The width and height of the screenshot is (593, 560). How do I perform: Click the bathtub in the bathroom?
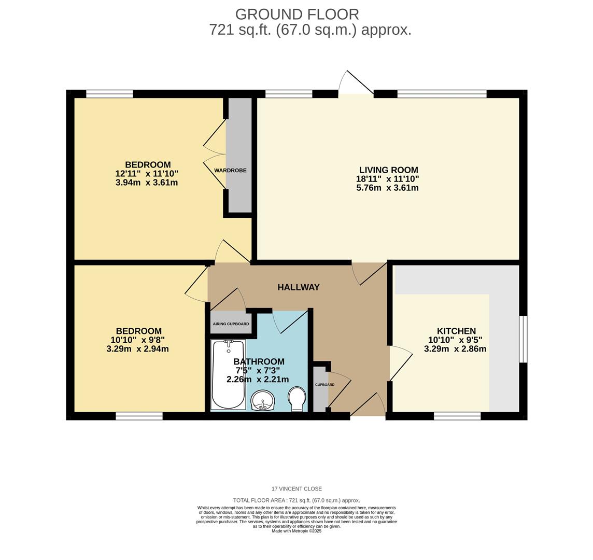pos(228,374)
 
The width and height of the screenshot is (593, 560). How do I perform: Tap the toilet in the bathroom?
pos(296,398)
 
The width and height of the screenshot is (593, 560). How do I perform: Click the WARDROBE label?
pos(230,170)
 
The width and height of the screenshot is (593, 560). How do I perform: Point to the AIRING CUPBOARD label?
pos(231,324)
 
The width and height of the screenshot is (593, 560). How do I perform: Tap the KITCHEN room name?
pos(456,331)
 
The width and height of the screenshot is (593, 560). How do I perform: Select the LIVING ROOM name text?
pos(388,170)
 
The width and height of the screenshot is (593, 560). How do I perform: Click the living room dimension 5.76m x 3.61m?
pos(387,188)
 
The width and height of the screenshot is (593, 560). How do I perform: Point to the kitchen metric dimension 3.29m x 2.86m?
pos(455,349)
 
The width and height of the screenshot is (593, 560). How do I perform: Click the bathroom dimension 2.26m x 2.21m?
pos(258,379)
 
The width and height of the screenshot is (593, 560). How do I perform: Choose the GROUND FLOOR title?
pos(297,15)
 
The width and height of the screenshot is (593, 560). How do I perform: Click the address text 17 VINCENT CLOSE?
pos(296,489)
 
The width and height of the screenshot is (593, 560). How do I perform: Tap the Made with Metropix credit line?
pos(296,531)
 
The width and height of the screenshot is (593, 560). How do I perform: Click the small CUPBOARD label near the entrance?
pos(325,385)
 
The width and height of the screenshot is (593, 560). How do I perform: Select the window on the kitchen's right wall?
pos(523,339)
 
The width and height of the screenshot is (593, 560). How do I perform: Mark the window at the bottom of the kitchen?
pos(457,416)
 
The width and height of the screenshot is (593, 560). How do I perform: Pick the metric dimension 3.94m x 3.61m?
pos(147,183)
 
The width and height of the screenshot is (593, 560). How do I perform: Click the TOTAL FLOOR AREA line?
pos(296,500)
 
